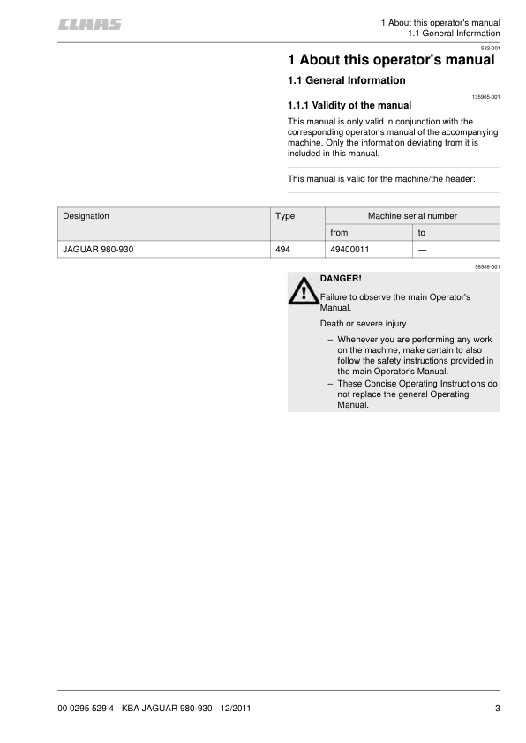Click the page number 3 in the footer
pyautogui.click(x=497, y=709)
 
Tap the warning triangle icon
pyautogui.click(x=304, y=291)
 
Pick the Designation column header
pyautogui.click(x=86, y=215)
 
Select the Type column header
pyautogui.click(x=285, y=215)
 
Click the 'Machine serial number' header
pyautogui.click(x=412, y=215)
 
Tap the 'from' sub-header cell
pyautogui.click(x=339, y=233)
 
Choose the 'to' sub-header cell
pyautogui.click(x=422, y=233)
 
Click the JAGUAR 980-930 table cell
pyautogui.click(x=98, y=250)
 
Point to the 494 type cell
pyautogui.click(x=283, y=250)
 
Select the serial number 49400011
pyautogui.click(x=349, y=250)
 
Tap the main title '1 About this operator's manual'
pyautogui.click(x=391, y=61)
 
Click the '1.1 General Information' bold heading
pyautogui.click(x=347, y=81)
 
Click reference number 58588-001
pyautogui.click(x=487, y=266)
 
